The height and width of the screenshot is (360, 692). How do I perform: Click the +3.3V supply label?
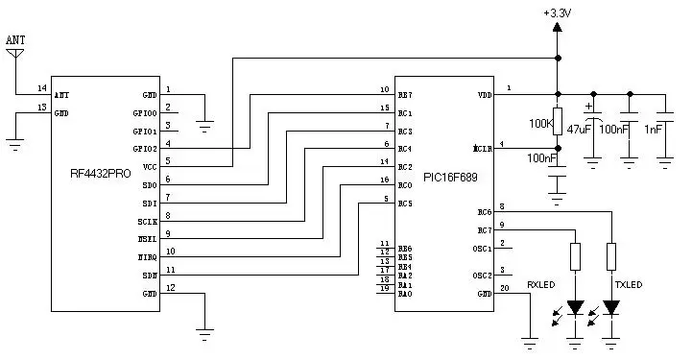click(558, 12)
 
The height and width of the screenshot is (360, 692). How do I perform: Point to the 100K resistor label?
click(540, 124)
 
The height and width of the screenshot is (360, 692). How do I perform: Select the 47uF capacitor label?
click(579, 128)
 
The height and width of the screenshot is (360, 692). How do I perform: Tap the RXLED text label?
click(541, 285)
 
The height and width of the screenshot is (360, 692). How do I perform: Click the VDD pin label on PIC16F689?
click(484, 95)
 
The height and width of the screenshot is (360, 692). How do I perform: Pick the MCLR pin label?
click(482, 150)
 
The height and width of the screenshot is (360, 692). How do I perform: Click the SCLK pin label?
click(147, 221)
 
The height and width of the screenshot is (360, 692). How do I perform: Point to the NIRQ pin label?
click(147, 257)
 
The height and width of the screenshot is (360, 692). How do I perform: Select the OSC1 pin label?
click(483, 249)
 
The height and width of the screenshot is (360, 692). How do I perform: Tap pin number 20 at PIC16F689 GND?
click(504, 287)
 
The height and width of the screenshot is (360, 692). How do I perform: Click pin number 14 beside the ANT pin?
click(41, 87)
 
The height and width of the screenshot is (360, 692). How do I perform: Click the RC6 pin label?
click(484, 212)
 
